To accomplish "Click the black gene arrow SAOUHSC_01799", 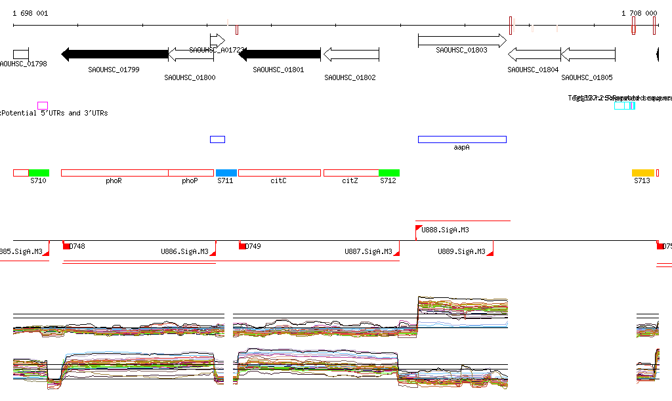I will tap(114, 54).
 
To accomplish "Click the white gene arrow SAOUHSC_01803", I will tap(462, 41).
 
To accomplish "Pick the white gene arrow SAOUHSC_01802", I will tap(351, 54).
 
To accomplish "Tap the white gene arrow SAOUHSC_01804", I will tap(534, 54).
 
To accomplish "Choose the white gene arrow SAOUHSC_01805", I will tap(588, 54).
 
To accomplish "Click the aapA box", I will tap(462, 139).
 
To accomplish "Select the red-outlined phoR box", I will tap(114, 173).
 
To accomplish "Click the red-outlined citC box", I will tap(279, 173).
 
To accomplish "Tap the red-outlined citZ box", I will tap(351, 173).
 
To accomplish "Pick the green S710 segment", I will tap(39, 173).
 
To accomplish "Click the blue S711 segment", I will tap(226, 173).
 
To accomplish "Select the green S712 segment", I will tap(388, 173).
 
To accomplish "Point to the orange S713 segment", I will tap(642, 173).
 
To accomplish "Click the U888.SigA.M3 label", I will tap(445, 230).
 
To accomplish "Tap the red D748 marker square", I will tap(66, 246).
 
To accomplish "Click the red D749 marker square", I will tap(242, 246).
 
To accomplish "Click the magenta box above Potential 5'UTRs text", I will tap(43, 105).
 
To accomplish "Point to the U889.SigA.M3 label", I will tap(461, 251).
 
